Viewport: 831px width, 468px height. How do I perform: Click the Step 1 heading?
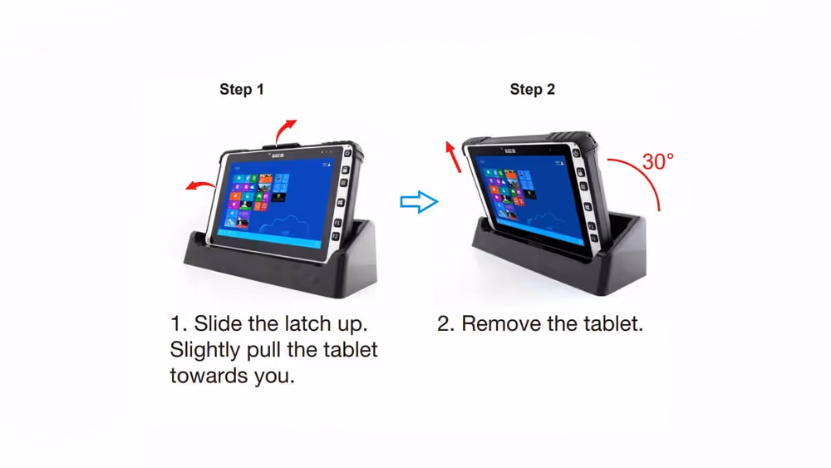tap(242, 90)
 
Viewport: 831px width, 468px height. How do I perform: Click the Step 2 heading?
tap(532, 90)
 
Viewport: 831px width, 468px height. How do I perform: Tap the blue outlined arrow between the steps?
tap(419, 202)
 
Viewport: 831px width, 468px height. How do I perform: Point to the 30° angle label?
tap(657, 161)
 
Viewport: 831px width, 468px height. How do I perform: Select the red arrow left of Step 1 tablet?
tap(199, 185)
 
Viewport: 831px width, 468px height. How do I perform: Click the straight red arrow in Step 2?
tap(453, 157)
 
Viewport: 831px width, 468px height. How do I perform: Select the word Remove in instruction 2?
tap(495, 323)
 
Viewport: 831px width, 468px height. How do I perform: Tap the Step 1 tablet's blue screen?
tap(276, 203)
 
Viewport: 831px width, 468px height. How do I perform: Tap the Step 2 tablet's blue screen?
tap(529, 198)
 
